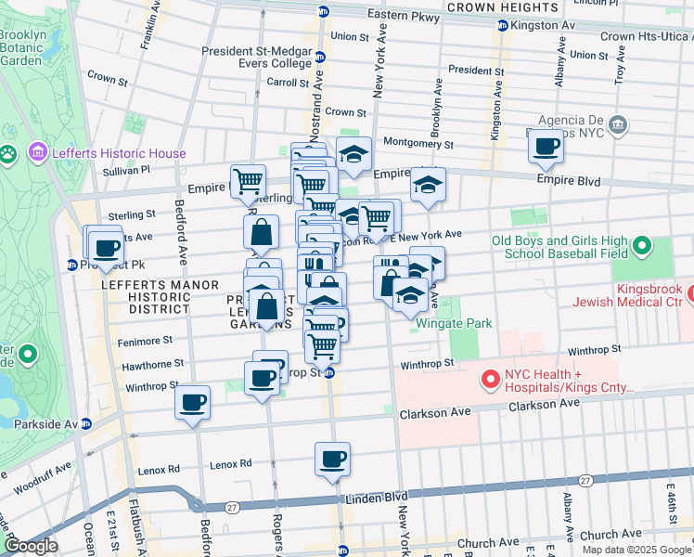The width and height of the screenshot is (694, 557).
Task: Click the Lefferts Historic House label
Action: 120,153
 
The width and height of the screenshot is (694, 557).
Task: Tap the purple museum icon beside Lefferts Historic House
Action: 38,151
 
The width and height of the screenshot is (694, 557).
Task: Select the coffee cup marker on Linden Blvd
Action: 332,459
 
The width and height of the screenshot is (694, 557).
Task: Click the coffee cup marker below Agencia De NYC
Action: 546,147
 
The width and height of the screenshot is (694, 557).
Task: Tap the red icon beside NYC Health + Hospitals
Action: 488,380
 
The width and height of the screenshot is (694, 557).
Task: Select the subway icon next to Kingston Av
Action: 503,26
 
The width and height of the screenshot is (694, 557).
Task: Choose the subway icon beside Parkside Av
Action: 86,423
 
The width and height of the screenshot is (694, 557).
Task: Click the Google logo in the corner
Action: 32,546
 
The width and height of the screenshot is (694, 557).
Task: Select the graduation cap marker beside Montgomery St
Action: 353,155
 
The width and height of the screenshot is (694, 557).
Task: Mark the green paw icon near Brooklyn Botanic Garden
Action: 8,153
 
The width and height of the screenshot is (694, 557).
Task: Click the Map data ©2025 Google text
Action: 636,550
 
